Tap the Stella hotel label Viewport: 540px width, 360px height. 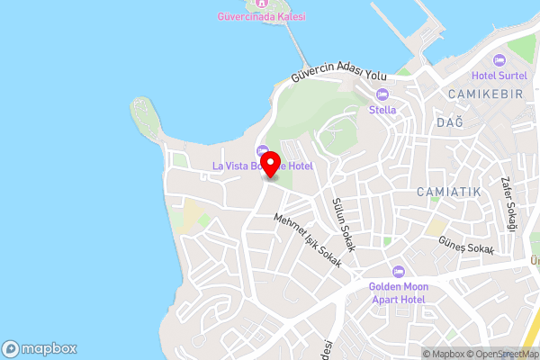(x=382, y=110)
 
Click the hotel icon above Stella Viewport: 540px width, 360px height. (x=382, y=95)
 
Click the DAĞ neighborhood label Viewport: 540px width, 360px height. (x=449, y=122)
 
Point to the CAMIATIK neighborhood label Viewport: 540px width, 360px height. (x=449, y=193)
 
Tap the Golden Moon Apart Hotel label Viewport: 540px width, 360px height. (x=399, y=292)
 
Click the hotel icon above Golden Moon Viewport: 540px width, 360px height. (x=399, y=272)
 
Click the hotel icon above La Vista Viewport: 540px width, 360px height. (x=262, y=150)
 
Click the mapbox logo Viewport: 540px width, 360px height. (x=40, y=348)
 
